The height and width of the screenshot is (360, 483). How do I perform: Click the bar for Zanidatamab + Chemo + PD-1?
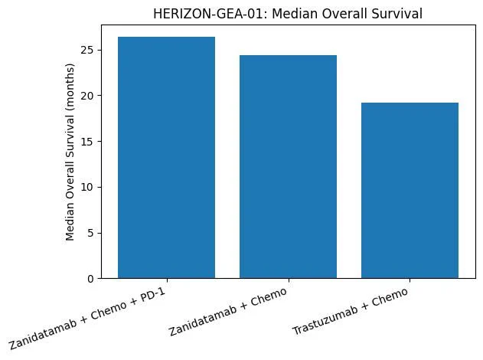pos(166,157)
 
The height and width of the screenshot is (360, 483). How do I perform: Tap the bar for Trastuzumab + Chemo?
pos(410,190)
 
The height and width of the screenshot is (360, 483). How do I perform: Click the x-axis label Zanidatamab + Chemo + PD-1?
pos(90,316)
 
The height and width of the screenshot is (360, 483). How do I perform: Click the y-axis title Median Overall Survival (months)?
pos(70,156)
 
